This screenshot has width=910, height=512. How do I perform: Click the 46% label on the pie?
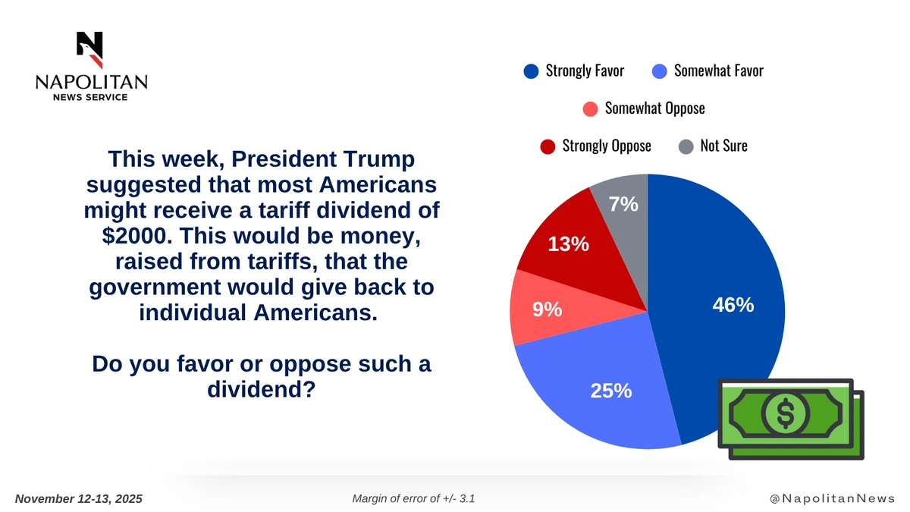733,305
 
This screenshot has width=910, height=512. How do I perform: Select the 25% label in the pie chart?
611,391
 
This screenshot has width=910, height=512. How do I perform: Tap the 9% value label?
546,309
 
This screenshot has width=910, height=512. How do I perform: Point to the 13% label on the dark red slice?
569,244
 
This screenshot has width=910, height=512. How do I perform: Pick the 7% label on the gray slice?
623,205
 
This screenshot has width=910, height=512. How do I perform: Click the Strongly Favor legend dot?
531,71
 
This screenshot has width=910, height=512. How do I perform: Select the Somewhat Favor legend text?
718,71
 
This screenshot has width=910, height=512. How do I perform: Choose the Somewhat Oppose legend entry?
654,108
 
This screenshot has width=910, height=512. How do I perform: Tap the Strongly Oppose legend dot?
548,146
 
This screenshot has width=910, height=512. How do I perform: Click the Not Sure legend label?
723,146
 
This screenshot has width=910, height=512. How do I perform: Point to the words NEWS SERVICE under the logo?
89,97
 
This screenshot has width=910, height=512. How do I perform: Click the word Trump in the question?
382,160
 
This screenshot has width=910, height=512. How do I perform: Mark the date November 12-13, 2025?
79,498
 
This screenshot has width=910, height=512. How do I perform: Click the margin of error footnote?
414,498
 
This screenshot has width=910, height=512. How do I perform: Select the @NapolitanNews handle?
831,498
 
